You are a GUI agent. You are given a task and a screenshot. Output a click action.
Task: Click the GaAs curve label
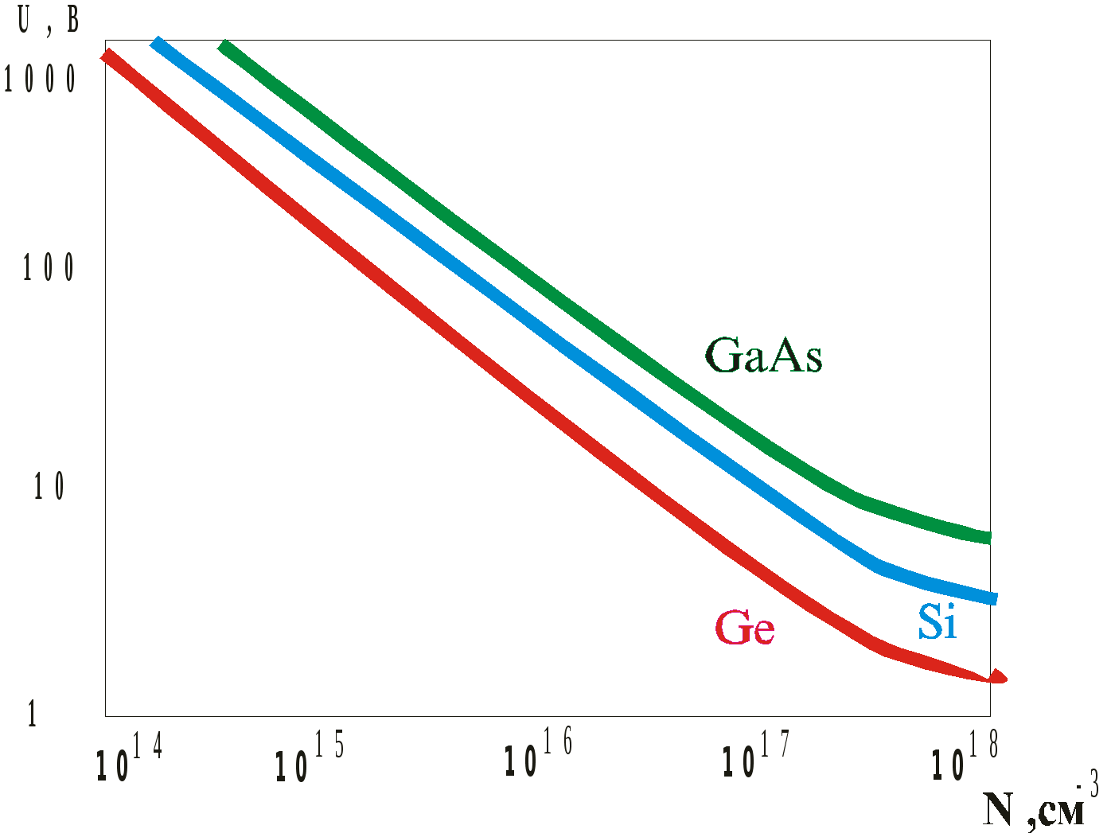pyautogui.click(x=763, y=356)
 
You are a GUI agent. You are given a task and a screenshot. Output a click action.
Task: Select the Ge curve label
pyautogui.click(x=745, y=629)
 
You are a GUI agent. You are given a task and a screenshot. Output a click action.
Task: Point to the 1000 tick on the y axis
pyautogui.click(x=41, y=79)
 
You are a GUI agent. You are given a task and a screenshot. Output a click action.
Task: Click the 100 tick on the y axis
pyautogui.click(x=49, y=269)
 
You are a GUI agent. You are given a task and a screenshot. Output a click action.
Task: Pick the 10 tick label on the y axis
pyautogui.click(x=49, y=487)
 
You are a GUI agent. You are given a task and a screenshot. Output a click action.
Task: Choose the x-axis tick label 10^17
pyautogui.click(x=755, y=756)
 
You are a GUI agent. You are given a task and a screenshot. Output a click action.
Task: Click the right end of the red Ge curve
pyautogui.click(x=1001, y=679)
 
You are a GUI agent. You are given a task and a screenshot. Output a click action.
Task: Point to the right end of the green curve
pyautogui.click(x=988, y=538)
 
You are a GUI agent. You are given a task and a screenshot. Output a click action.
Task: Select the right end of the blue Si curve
pyautogui.click(x=992, y=598)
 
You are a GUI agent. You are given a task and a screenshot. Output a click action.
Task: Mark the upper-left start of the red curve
pyautogui.click(x=106, y=54)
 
